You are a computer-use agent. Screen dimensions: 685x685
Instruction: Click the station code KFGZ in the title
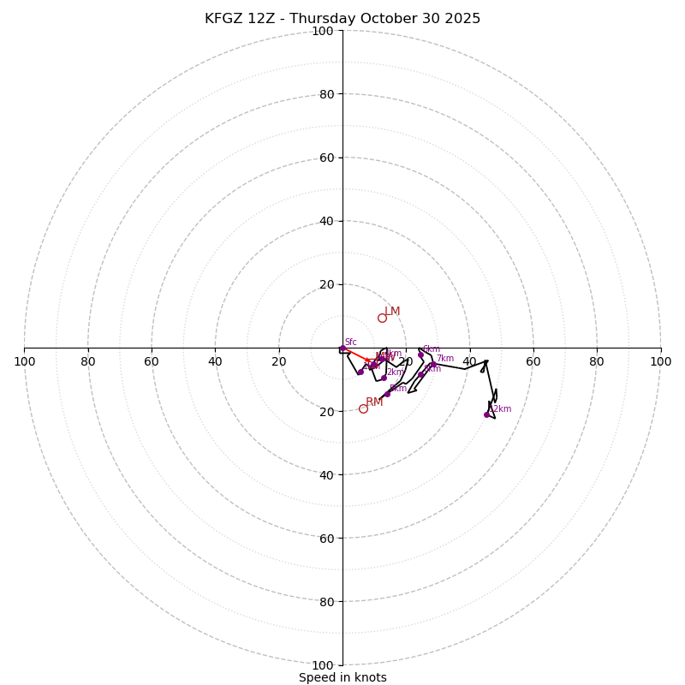[x=223, y=19]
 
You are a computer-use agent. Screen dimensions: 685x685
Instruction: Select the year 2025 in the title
[x=462, y=19]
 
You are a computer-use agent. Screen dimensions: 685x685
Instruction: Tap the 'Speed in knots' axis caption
[x=342, y=677]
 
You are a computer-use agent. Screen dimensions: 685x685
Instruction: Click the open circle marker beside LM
[x=382, y=318]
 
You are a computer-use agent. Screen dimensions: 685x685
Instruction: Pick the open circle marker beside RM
[x=363, y=408]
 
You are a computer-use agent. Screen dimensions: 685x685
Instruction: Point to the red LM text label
[x=392, y=311]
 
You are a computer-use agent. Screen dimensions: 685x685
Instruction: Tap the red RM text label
[x=374, y=402]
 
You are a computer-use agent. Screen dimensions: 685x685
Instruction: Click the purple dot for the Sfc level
[x=342, y=348]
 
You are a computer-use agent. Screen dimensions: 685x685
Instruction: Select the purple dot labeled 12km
[x=486, y=414]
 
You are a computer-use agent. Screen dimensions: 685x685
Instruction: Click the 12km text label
[x=500, y=409]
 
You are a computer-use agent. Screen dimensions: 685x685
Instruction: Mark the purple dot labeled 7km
[x=433, y=364]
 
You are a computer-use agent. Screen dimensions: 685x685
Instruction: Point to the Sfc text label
[x=350, y=342]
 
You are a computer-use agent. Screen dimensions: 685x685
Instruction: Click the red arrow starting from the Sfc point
[x=356, y=354]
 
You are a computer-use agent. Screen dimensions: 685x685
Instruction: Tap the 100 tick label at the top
[x=322, y=31]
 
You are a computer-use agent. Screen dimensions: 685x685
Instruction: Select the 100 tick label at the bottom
[x=322, y=664]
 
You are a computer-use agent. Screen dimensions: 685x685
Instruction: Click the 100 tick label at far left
[x=24, y=361]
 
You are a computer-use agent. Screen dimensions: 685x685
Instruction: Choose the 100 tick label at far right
[x=660, y=361]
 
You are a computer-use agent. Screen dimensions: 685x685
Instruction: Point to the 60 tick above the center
[x=325, y=158]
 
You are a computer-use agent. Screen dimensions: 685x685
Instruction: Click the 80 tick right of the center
[x=597, y=361]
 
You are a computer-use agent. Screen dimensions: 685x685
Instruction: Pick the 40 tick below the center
[x=325, y=474]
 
